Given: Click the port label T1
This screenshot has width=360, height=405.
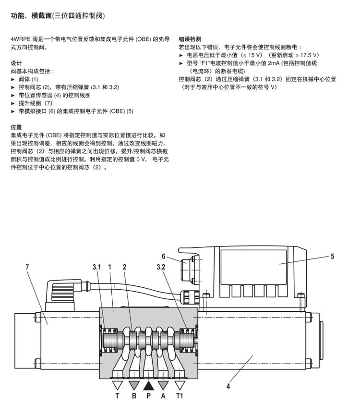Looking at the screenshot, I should pyautogui.click(x=180, y=397).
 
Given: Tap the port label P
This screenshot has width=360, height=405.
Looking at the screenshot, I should pyautogui.click(x=148, y=397).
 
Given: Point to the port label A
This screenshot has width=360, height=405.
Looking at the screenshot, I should pyautogui.click(x=164, y=397).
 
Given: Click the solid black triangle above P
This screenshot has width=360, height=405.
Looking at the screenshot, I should pyautogui.click(x=148, y=385).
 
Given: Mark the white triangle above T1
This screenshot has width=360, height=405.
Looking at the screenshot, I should pyautogui.click(x=180, y=385).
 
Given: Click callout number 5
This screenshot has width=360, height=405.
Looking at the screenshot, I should pyautogui.click(x=332, y=256).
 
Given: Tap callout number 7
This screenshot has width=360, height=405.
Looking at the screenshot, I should pyautogui.click(x=27, y=266).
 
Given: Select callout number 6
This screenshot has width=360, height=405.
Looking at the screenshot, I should pyautogui.click(x=163, y=256).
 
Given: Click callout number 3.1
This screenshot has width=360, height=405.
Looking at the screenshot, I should pyautogui.click(x=97, y=266).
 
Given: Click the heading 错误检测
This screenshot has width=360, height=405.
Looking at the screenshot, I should pyautogui.click(x=190, y=39).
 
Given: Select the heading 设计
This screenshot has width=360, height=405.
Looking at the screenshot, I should pyautogui.click(x=16, y=63).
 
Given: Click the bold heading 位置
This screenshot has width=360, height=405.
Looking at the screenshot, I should pyautogui.click(x=16, y=127).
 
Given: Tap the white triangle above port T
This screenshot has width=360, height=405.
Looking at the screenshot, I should pyautogui.click(x=117, y=385).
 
